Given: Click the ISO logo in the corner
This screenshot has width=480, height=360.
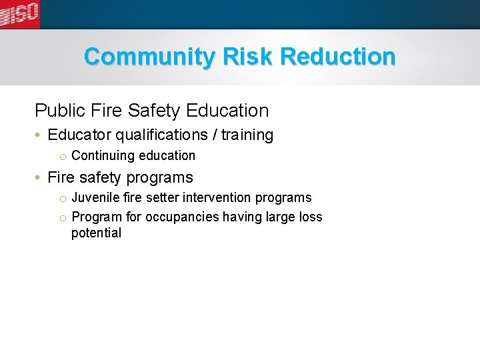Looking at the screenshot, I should click(20, 13).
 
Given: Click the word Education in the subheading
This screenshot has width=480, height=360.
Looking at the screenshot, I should click(228, 110).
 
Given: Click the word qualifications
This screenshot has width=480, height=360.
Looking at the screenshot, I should click(162, 135).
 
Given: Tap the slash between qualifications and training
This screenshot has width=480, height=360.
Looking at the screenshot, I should click(215, 135).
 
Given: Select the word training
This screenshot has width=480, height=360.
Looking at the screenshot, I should click(247, 135).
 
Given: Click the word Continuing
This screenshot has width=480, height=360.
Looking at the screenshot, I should click(103, 156).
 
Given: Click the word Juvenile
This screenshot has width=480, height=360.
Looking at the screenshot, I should click(94, 198).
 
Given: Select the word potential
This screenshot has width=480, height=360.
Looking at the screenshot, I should click(96, 233).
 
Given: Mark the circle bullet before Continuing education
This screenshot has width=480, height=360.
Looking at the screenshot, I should click(61, 157).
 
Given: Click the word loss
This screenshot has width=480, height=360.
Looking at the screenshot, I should click(311, 217).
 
